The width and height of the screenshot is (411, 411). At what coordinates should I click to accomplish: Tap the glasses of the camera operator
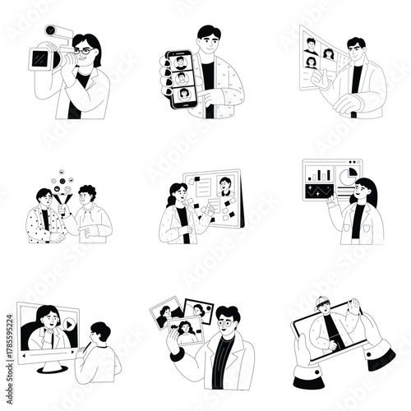pyautogui.click(x=83, y=51)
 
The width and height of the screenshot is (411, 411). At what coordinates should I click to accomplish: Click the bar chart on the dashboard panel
pyautogui.click(x=319, y=175)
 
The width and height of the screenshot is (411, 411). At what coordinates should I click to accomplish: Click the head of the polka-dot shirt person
pyautogui.click(x=44, y=197)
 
